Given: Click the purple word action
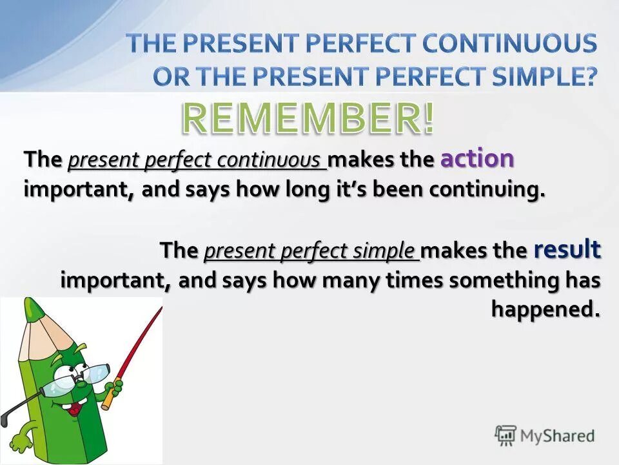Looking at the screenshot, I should click(477, 160).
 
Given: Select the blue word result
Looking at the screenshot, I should click(567, 249).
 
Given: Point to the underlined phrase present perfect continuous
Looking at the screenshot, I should click(197, 161).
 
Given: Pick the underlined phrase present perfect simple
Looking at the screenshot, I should click(311, 251).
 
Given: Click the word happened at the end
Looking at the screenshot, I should click(545, 309).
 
